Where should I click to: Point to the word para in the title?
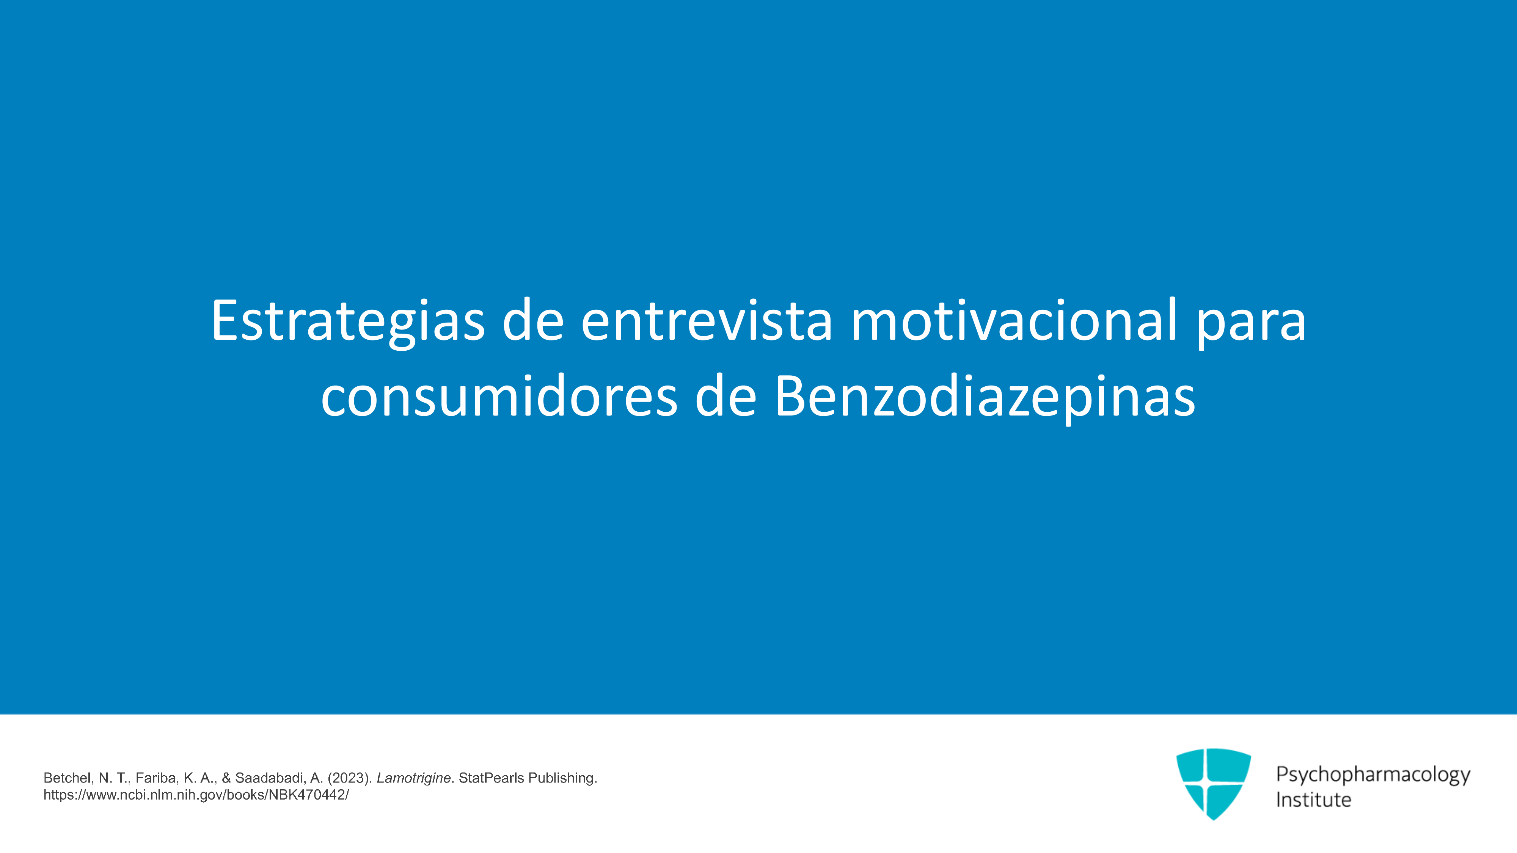pos(1251,327)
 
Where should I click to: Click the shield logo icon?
pos(1213,784)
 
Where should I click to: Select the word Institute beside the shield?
pos(1313,800)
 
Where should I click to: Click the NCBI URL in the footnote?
pos(196,795)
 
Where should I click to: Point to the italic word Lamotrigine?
pos(413,778)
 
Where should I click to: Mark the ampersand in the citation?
pos(226,778)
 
